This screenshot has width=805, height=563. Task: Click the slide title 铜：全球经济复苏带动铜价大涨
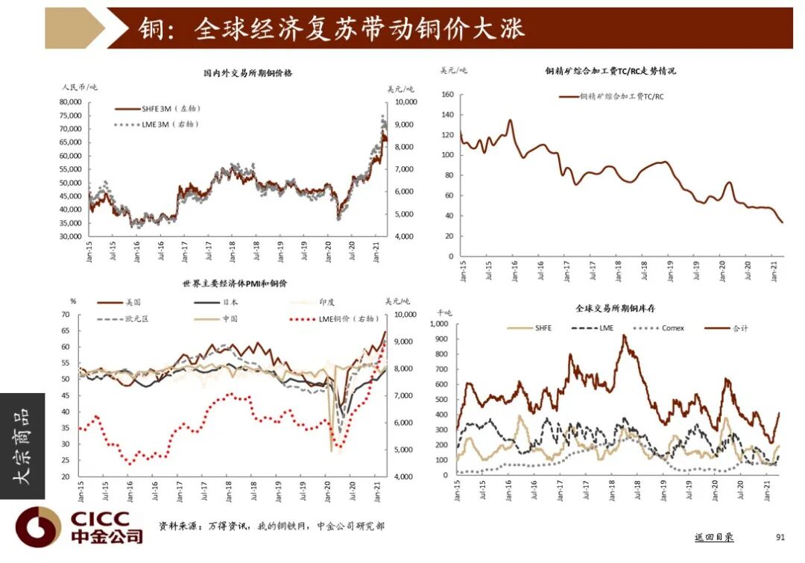[x=332, y=28]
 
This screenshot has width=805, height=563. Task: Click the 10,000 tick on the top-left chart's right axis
[x=406, y=101]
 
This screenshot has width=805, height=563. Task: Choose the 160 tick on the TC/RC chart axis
[x=447, y=95]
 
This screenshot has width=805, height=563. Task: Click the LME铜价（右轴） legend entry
[x=347, y=318]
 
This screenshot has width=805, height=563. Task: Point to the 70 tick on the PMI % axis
[x=64, y=315]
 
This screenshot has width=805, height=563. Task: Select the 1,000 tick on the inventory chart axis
[x=438, y=324]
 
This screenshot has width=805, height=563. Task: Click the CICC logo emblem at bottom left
[x=38, y=526]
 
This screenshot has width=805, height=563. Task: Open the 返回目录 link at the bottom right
[x=713, y=537]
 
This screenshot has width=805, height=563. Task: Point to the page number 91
[x=780, y=537]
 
